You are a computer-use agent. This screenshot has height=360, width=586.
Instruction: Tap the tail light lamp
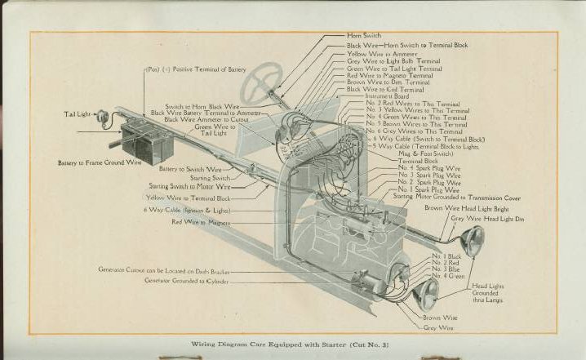coord(104,118)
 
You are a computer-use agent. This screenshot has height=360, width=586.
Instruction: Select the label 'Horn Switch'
coord(364,37)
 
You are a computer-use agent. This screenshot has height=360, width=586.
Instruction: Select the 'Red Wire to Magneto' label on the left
coord(201,222)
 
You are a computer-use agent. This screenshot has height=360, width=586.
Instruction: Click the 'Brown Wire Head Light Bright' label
coord(463,208)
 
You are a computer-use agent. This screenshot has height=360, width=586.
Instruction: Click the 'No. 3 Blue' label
coord(446,269)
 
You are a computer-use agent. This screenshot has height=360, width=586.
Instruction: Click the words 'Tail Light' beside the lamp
coord(78,114)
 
